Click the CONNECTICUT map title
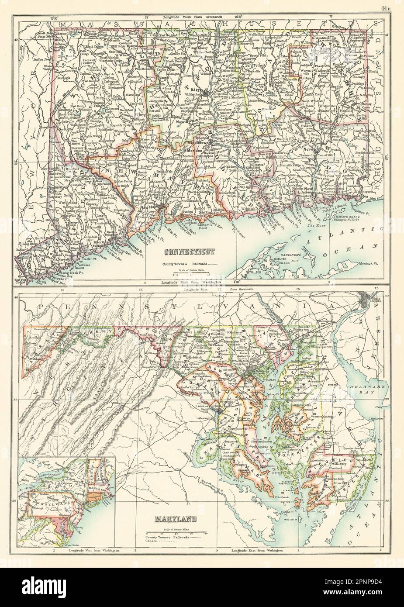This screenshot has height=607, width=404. click(x=189, y=251)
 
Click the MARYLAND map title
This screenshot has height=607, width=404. click(x=174, y=520)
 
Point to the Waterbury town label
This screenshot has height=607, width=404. click(x=152, y=147)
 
